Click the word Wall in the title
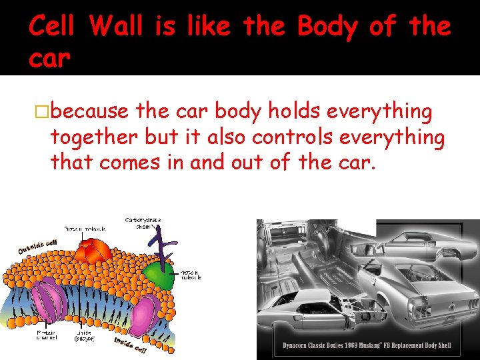pos(116,27)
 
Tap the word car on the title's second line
pos(49,59)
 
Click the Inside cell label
pos(129,346)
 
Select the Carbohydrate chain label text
pos(143,223)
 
